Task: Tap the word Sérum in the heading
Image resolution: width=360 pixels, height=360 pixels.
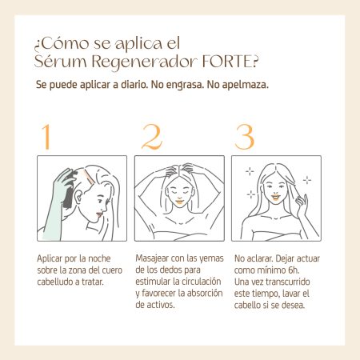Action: click(61, 62)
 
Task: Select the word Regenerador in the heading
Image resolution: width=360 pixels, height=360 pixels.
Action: click(144, 62)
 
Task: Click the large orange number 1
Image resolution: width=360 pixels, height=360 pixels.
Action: click(47, 136)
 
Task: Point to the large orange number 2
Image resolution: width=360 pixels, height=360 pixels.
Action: click(152, 137)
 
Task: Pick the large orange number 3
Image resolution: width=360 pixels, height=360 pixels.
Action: click(245, 137)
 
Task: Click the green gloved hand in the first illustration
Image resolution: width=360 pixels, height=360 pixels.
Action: click(58, 202)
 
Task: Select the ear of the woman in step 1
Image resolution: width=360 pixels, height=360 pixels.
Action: click(78, 198)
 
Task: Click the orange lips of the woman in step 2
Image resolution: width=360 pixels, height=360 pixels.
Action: click(180, 202)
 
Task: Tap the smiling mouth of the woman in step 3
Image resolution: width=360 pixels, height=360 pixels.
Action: click(275, 198)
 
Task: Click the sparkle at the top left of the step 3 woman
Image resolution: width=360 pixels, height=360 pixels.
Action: click(250, 171)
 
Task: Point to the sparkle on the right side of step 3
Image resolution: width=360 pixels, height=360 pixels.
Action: click(307, 180)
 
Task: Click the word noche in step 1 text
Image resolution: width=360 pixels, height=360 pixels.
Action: click(99, 258)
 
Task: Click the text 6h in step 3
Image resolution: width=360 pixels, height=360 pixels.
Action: click(294, 270)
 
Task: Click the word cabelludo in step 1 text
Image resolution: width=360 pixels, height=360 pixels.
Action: click(54, 282)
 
